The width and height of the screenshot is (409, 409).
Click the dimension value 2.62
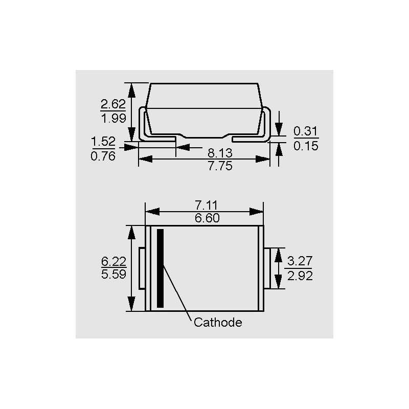pos(113,104)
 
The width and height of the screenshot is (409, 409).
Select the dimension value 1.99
pos(113,119)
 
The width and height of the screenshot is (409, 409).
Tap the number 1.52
pos(103,142)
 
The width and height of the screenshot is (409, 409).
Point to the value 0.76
pos(103,156)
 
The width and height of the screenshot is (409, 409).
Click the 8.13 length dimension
pos(220,153)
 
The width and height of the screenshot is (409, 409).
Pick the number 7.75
pos(220,166)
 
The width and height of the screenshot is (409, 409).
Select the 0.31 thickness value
pos(305,131)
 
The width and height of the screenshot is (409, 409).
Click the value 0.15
pos(306,146)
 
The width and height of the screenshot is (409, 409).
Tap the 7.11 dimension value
pos(206,206)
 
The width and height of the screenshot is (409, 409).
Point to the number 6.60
pos(207,218)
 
